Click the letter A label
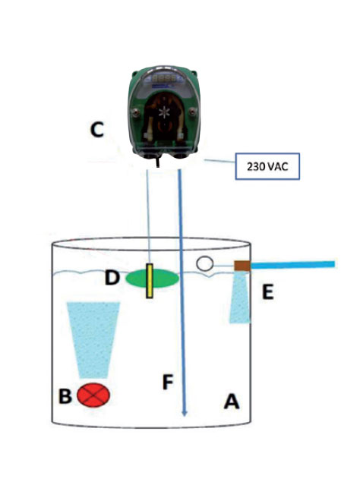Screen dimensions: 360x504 (x=232, y=401)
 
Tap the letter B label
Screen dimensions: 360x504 (x=65, y=395)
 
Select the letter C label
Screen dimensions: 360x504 (x=97, y=131)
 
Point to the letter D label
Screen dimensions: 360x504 (x=112, y=278)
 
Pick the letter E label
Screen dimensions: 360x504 (x=268, y=292)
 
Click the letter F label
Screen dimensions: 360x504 (x=168, y=382)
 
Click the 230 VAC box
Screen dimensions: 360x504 (x=267, y=166)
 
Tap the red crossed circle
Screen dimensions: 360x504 (x=93, y=395)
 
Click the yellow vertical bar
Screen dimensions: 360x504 (x=150, y=281)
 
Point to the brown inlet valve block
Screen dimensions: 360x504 (x=242, y=266)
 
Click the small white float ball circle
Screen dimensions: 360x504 (x=205, y=263)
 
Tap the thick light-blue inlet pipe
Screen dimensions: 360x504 (x=292, y=265)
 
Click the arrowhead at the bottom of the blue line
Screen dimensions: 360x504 (x=184, y=414)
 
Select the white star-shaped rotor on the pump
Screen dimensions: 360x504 (x=166, y=112)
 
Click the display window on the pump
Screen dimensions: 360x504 (x=164, y=77)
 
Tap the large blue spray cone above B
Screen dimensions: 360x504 (x=93, y=340)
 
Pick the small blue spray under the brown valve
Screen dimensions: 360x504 (x=240, y=297)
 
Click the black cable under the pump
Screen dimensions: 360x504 (x=157, y=160)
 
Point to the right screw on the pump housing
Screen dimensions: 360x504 (x=193, y=112)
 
